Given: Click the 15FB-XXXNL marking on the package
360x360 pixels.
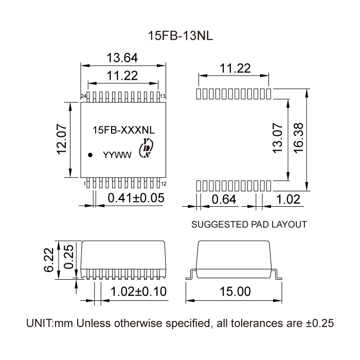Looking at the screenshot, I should point(122,131).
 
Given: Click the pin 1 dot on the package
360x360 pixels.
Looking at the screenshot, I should point(90,154).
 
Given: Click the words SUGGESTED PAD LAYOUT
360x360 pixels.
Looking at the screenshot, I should point(249,225).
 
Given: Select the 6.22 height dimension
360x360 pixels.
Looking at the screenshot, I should point(49,260).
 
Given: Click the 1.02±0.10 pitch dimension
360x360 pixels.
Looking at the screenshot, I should point(139,292).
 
